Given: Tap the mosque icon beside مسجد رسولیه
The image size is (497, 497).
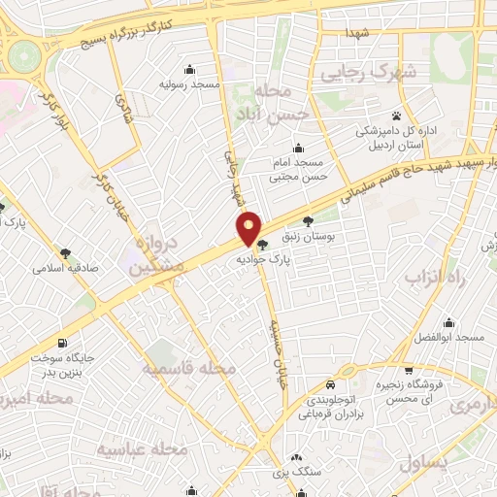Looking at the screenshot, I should [x=188, y=69].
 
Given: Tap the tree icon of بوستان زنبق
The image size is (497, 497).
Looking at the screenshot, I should [x=309, y=219].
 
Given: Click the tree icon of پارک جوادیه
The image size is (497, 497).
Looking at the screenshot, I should [x=262, y=245].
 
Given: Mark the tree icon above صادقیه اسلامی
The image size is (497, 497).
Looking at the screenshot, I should [x=65, y=253].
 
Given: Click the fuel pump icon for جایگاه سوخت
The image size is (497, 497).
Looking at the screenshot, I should [x=63, y=343].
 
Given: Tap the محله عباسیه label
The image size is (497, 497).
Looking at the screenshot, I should [x=143, y=449].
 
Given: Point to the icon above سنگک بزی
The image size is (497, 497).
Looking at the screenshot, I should [x=296, y=456].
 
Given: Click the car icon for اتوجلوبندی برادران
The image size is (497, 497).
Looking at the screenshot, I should [x=331, y=382].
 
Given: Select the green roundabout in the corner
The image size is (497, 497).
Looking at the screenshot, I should [x=21, y=58].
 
